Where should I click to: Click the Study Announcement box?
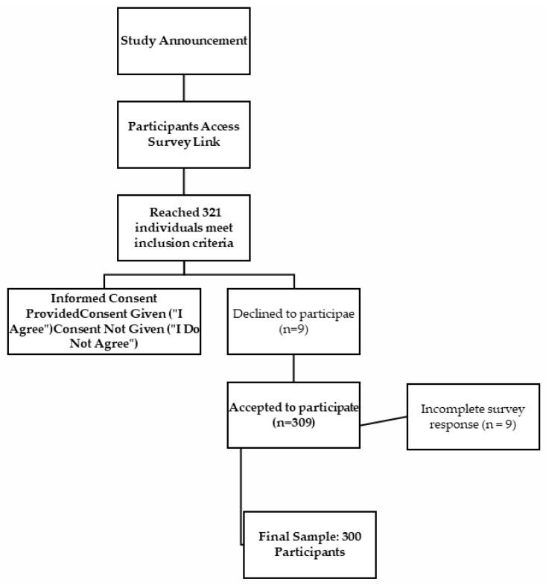(x=183, y=40)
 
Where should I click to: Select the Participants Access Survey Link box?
(x=183, y=133)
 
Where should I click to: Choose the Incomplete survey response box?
(x=472, y=416)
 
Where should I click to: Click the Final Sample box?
(x=310, y=544)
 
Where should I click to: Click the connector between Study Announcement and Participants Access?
(x=183, y=89)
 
